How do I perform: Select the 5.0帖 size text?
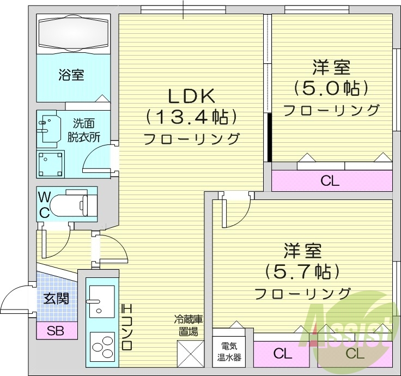(x=331, y=88)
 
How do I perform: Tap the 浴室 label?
(x=71, y=75)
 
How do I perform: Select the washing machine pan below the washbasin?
(x=51, y=163)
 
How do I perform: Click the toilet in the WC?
(x=77, y=202)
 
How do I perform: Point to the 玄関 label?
(x=57, y=298)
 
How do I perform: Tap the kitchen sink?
(x=101, y=302)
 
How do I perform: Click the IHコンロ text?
(x=126, y=327)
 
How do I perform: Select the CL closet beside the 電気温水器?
(x=282, y=354)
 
